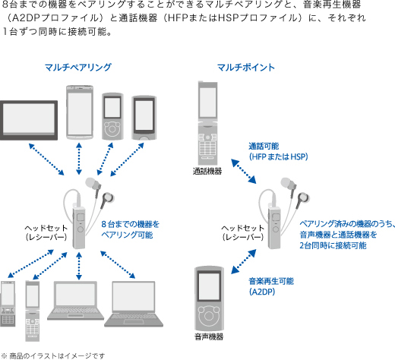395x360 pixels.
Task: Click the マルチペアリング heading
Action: (x=78, y=68)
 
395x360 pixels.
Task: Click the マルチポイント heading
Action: (x=246, y=68)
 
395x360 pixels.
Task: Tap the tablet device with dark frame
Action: (x=29, y=120)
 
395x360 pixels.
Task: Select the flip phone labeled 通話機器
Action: (x=207, y=123)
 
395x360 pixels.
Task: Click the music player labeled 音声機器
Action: (x=209, y=298)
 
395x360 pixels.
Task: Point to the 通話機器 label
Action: (x=207, y=172)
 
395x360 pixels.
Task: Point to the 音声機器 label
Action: (x=209, y=336)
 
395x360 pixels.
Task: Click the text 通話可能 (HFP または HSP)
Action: (x=278, y=151)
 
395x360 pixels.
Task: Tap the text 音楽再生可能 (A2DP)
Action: (x=271, y=286)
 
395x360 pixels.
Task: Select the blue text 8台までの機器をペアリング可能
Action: (x=131, y=229)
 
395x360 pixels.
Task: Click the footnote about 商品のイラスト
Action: (x=53, y=355)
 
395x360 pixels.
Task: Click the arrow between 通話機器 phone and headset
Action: (x=244, y=171)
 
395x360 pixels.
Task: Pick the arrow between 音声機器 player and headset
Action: (x=244, y=262)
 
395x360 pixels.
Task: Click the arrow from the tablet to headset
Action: (x=46, y=159)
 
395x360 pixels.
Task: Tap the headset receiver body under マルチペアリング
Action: (x=79, y=227)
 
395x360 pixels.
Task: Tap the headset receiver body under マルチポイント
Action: (x=274, y=227)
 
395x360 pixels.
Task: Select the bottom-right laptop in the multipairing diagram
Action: (x=134, y=304)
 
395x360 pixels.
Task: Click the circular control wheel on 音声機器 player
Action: (x=209, y=316)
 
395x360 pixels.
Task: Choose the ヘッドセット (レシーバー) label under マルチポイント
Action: (x=243, y=232)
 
